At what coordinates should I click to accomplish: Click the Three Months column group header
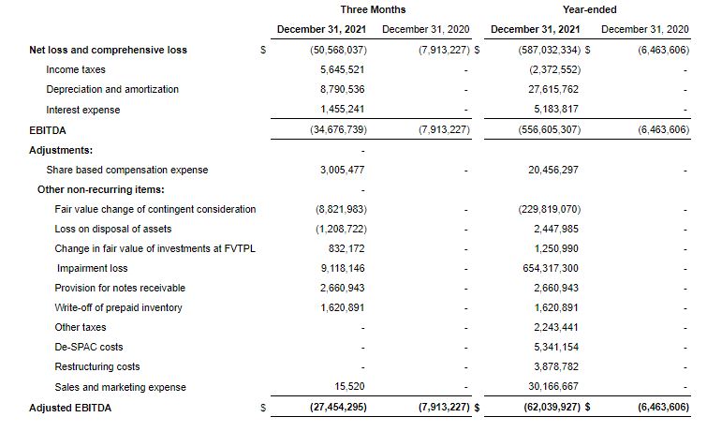(373, 9)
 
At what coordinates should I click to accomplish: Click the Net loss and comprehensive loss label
(109, 50)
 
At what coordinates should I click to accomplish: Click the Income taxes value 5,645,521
(342, 69)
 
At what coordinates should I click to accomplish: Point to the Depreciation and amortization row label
(112, 89)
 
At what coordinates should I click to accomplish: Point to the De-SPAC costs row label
(89, 347)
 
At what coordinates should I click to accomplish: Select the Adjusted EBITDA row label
(70, 408)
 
